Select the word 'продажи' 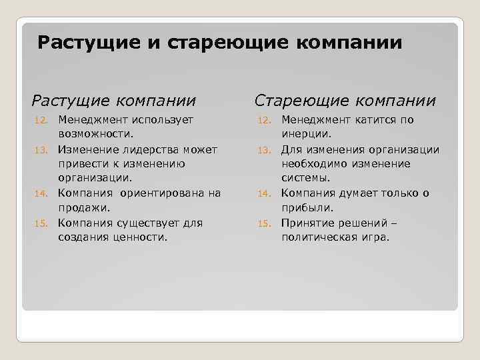click(x=82, y=208)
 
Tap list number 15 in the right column click(x=264, y=223)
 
